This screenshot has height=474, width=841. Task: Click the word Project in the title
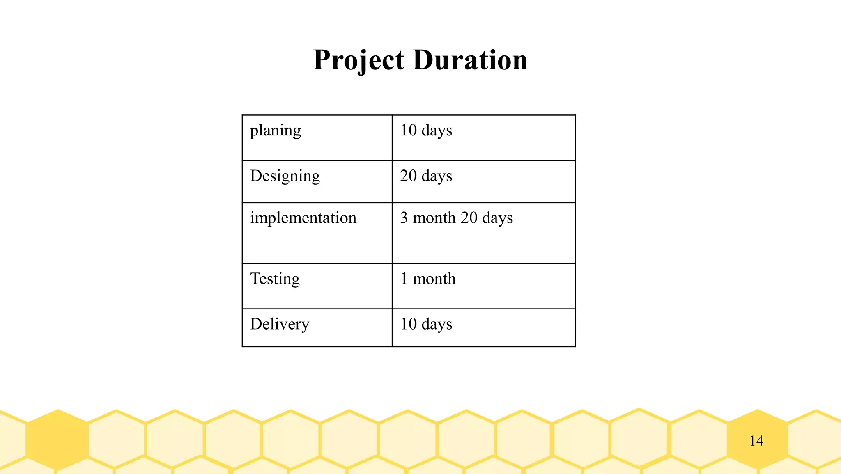(x=358, y=60)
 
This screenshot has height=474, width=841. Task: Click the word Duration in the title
(x=470, y=60)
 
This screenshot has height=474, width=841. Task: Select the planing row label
(x=276, y=131)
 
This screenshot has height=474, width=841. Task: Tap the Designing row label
(x=285, y=176)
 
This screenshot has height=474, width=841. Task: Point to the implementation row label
(x=303, y=218)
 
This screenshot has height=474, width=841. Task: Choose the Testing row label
(x=275, y=279)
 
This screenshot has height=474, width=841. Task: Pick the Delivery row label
(x=280, y=324)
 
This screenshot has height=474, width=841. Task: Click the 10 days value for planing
(x=426, y=131)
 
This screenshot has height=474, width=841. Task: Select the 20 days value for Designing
(x=426, y=176)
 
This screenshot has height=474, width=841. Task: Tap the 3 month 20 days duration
(x=457, y=218)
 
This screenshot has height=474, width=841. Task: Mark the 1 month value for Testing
(x=428, y=279)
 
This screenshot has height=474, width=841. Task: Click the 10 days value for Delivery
(x=426, y=324)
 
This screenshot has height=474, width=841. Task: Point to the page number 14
(x=756, y=441)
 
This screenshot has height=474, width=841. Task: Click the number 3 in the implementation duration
(x=404, y=218)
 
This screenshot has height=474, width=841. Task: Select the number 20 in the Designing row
(x=409, y=176)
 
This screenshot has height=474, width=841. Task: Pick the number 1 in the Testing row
(x=404, y=279)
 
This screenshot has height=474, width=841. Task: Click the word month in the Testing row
(x=434, y=279)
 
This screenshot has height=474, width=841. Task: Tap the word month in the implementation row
(x=434, y=218)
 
